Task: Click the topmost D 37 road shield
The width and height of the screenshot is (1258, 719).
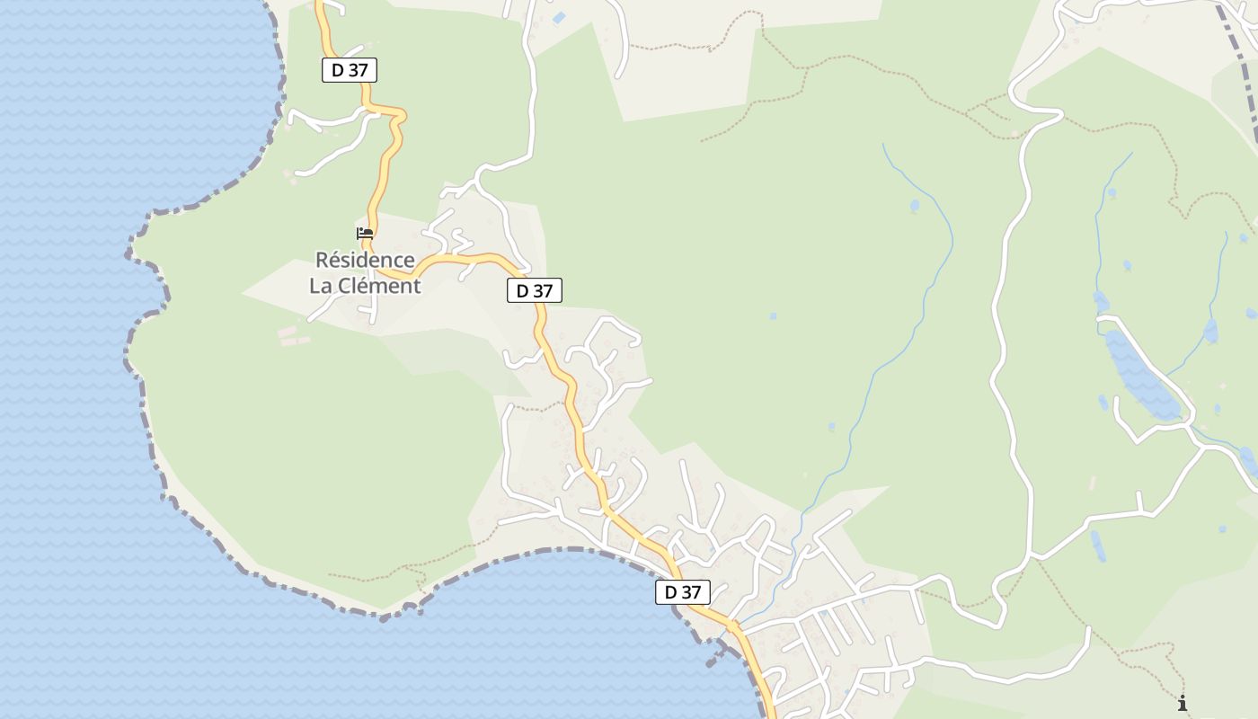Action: pyautogui.click(x=350, y=70)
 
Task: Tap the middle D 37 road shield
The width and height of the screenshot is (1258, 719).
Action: pyautogui.click(x=535, y=290)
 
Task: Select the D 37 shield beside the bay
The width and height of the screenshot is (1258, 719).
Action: pyautogui.click(x=683, y=592)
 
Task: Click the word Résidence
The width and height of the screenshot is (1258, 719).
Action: pyautogui.click(x=365, y=261)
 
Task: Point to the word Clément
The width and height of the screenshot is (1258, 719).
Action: pyautogui.click(x=381, y=286)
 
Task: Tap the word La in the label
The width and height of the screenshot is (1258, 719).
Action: pyautogui.click(x=323, y=286)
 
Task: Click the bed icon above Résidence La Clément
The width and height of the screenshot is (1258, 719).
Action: pyautogui.click(x=365, y=234)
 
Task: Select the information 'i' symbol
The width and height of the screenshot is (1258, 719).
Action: pyautogui.click(x=1183, y=703)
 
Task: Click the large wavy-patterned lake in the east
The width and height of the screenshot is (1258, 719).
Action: pyautogui.click(x=1139, y=372)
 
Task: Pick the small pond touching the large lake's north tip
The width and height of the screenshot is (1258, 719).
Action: pyautogui.click(x=1101, y=302)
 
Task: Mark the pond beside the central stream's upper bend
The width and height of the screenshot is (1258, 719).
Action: pyautogui.click(x=915, y=206)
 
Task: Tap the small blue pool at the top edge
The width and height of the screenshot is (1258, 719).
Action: pyautogui.click(x=559, y=18)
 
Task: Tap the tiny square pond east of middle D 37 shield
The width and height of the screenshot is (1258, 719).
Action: pyautogui.click(x=773, y=316)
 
